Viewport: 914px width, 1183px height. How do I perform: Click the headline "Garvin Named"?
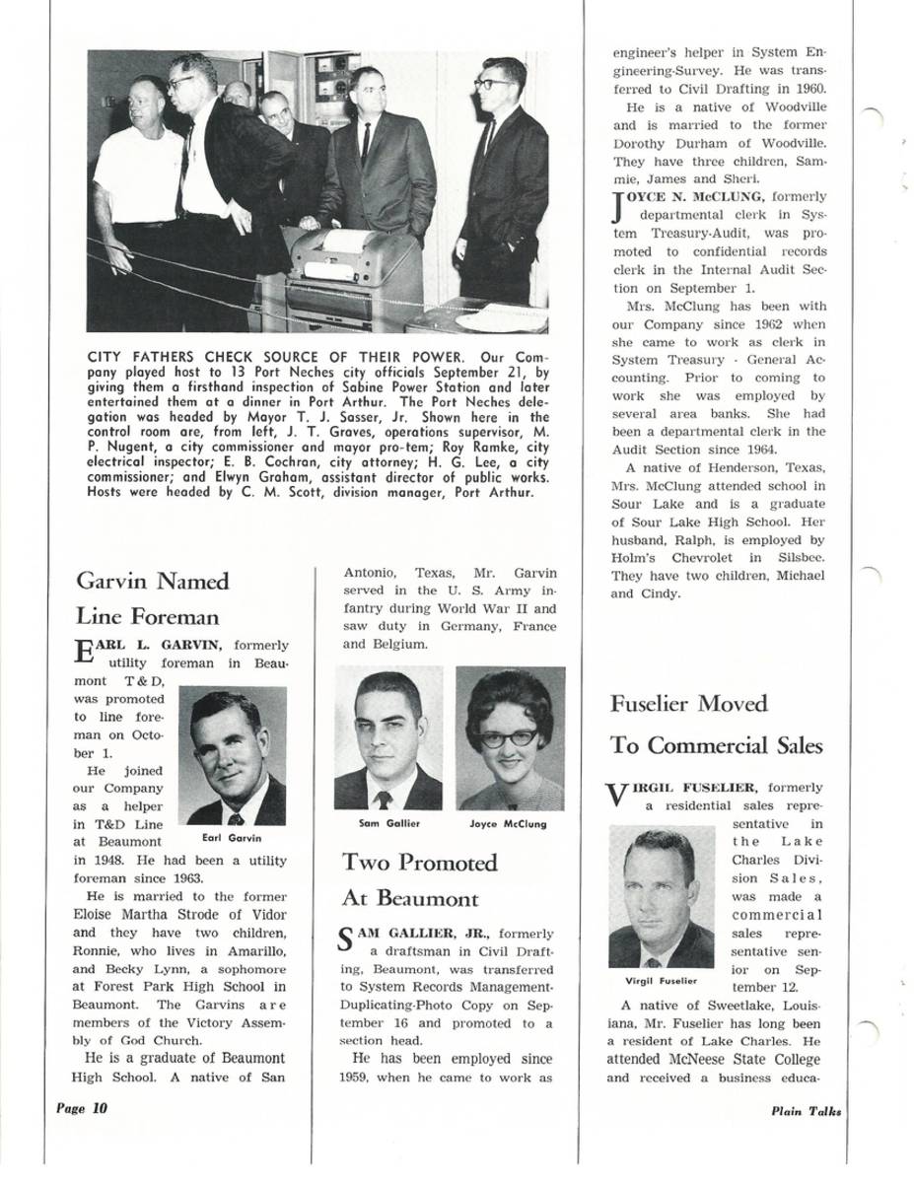click(152, 581)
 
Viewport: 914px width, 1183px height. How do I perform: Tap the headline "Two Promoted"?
click(419, 863)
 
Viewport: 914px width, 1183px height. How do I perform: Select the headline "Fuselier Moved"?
click(688, 704)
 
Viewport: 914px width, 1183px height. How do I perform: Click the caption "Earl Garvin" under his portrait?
click(232, 838)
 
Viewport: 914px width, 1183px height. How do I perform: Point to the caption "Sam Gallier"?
click(387, 823)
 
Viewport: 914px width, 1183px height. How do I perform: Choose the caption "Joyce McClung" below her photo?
click(509, 823)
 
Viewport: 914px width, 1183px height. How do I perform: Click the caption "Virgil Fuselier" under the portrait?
click(661, 981)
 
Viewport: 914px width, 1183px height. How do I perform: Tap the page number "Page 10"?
click(81, 1108)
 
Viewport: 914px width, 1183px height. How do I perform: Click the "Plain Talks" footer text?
click(807, 1110)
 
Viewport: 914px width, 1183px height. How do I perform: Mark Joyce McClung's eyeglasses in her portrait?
click(509, 737)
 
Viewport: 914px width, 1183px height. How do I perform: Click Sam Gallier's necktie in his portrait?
click(384, 799)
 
